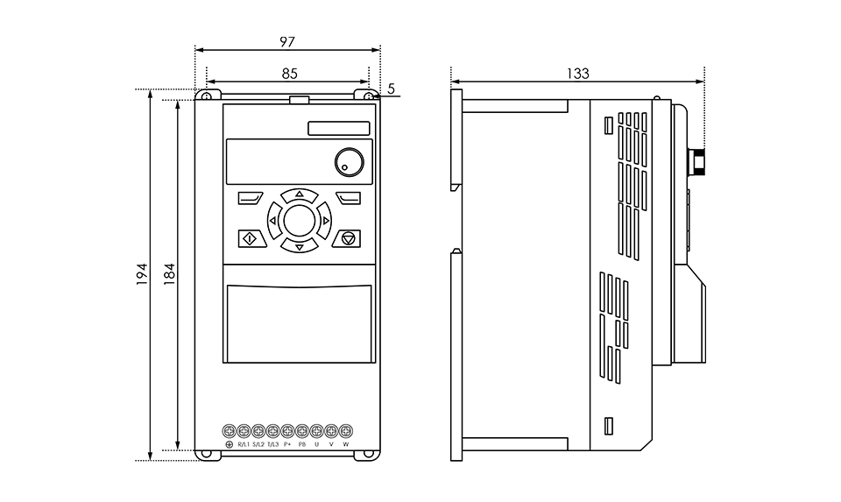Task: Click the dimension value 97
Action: tap(287, 42)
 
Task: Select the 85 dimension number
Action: tap(290, 74)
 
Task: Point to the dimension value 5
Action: tap(391, 88)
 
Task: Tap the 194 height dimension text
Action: tap(141, 273)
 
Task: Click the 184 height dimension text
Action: tap(169, 273)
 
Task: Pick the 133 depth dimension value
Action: tap(577, 74)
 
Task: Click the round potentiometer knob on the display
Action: tap(350, 162)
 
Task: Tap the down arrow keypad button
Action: tap(300, 247)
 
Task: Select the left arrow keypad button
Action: tap(273, 221)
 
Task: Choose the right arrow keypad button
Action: tap(325, 221)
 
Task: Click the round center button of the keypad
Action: tap(300, 221)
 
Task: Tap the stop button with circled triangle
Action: tap(348, 238)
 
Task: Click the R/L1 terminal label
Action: tap(244, 444)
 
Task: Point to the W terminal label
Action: tap(346, 444)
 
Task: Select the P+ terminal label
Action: tap(287, 444)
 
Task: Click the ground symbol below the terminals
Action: tap(230, 444)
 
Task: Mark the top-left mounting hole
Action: tap(207, 96)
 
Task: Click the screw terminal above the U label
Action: tap(316, 431)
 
